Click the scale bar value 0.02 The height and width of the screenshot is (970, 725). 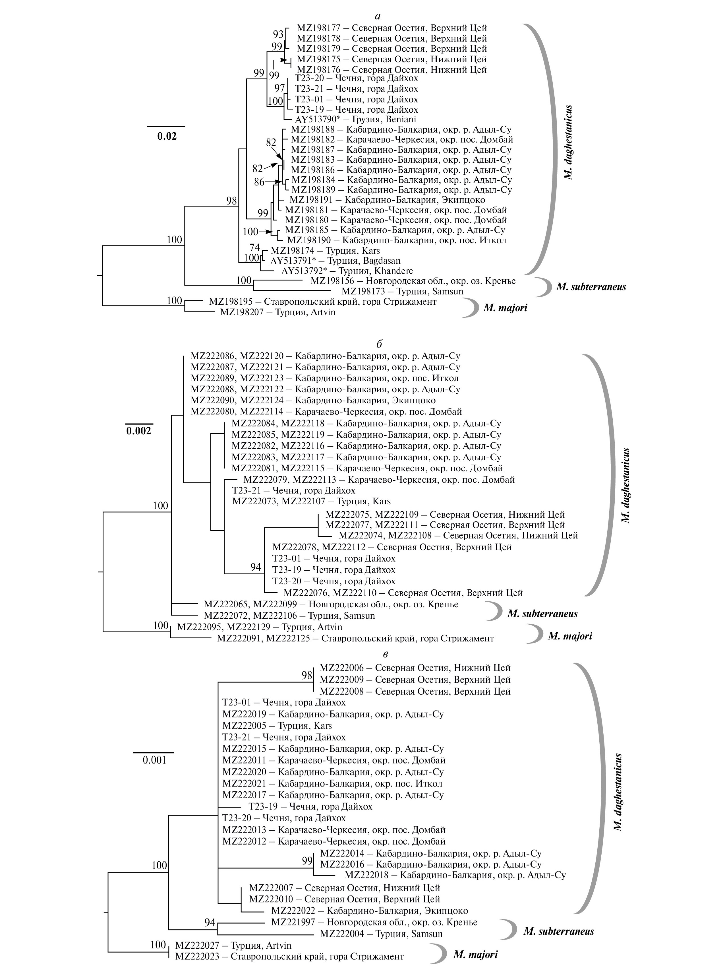click(167, 136)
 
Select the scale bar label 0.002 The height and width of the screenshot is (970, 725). click(138, 431)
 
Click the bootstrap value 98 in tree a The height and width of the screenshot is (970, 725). click(231, 201)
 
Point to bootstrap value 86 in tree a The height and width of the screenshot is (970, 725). click(260, 181)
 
